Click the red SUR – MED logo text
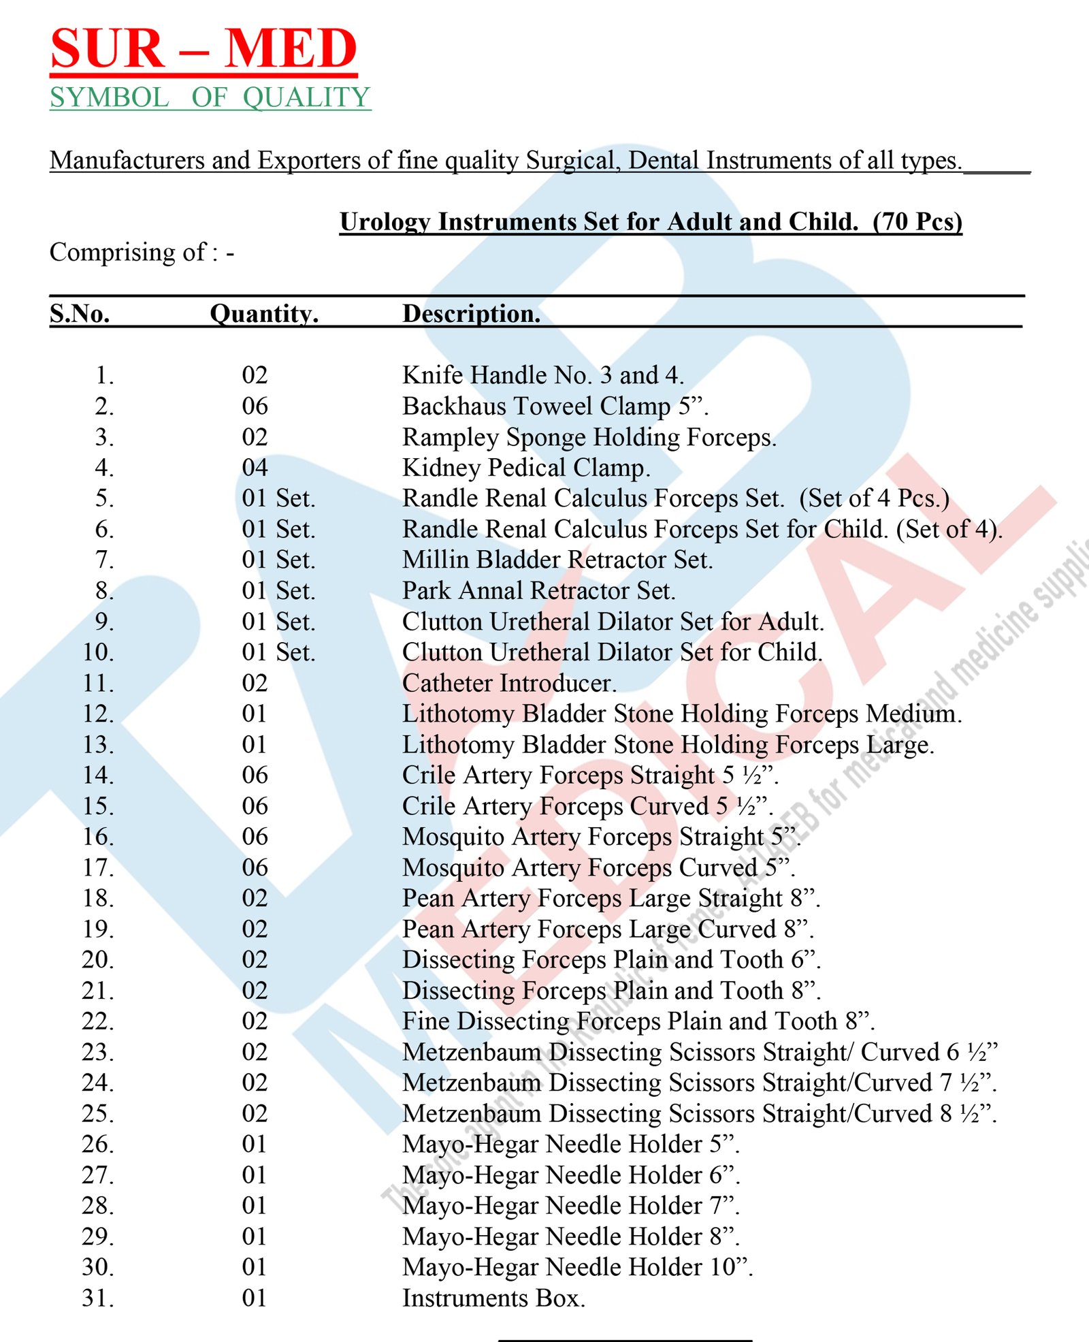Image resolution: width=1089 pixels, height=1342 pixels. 204,49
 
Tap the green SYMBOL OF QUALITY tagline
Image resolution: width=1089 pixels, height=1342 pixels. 210,97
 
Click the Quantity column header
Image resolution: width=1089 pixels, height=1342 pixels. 264,314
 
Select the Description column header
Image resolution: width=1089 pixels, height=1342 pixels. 471,314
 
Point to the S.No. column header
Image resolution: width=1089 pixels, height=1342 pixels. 80,314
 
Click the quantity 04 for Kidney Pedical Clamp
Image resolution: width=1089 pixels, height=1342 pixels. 255,468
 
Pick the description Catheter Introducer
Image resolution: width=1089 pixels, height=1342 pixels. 509,683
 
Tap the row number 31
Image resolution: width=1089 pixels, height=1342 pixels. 98,1298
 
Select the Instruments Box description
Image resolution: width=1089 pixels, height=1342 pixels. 493,1298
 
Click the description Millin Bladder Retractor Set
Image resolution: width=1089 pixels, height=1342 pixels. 557,560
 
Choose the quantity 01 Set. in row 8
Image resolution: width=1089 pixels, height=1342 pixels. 278,590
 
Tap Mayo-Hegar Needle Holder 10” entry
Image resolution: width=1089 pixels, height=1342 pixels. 577,1267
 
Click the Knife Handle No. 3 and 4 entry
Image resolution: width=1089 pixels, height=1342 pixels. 542,375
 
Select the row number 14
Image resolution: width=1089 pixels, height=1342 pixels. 98,775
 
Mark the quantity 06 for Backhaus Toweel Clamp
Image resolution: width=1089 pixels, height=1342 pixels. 255,406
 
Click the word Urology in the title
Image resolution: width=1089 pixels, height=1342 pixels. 385,222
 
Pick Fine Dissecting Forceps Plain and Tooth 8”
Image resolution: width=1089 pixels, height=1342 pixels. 638,1021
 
